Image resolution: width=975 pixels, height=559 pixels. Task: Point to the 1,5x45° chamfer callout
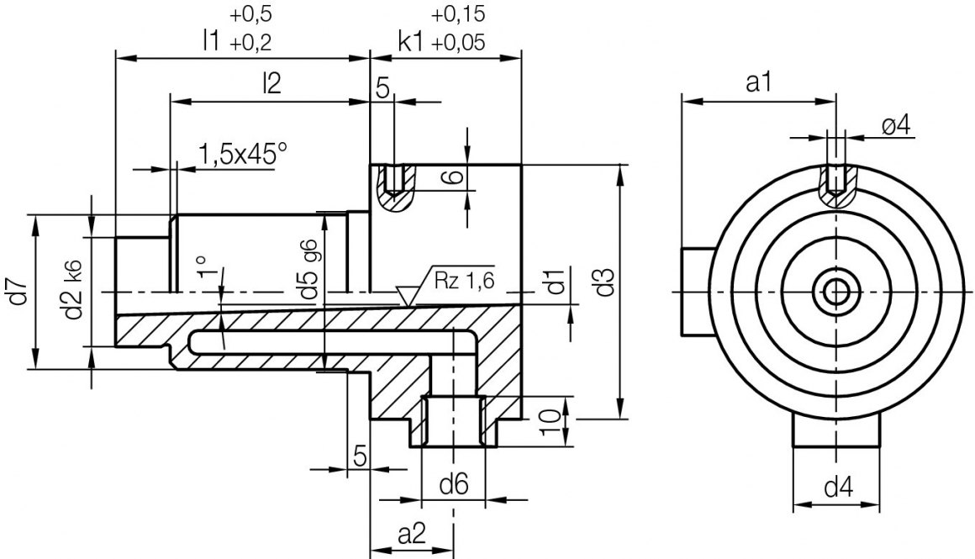[242, 154]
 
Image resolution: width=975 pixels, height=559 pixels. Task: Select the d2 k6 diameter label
[74, 291]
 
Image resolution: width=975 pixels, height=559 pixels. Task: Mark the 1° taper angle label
[202, 267]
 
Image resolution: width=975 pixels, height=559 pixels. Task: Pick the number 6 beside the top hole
[451, 177]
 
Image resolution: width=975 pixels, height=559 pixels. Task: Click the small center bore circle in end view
[835, 292]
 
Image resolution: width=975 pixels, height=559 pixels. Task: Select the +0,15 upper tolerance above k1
[458, 14]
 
